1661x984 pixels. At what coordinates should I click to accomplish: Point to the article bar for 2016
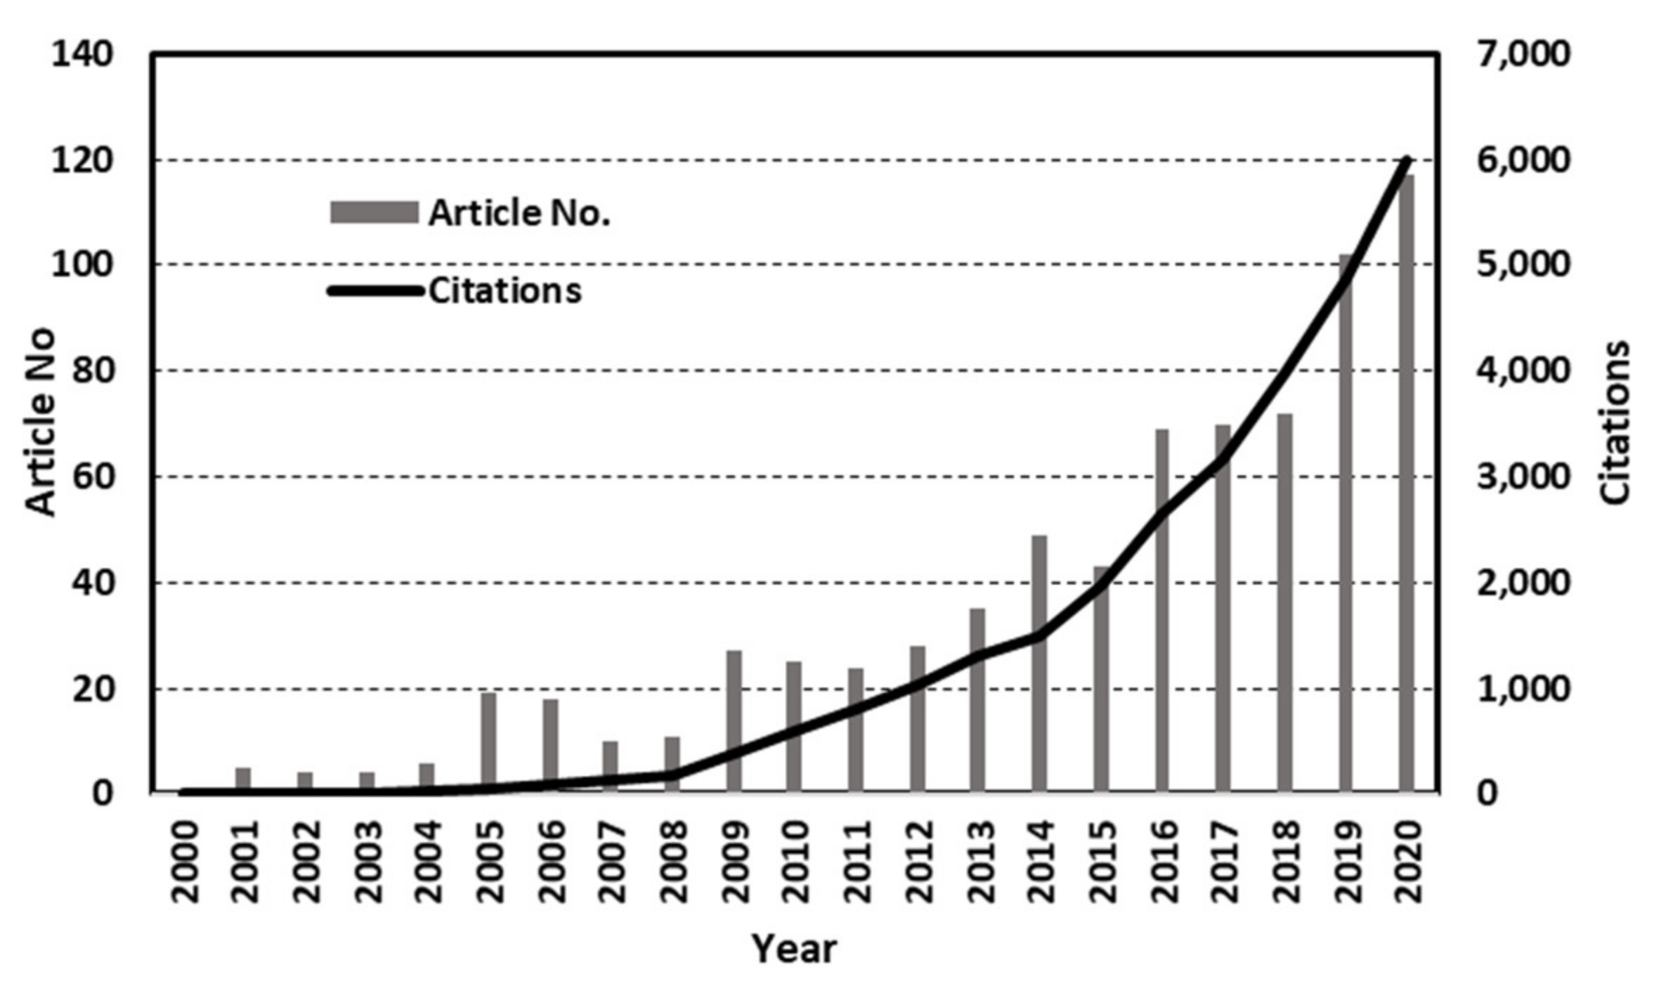coord(1162,611)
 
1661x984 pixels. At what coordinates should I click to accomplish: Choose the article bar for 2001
coord(243,779)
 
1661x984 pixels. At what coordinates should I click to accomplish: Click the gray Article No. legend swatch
coord(374,212)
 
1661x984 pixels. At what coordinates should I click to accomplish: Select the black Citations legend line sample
coord(375,290)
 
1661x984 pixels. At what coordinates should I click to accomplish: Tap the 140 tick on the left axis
coord(82,53)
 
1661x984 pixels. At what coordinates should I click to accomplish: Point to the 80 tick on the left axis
coord(92,370)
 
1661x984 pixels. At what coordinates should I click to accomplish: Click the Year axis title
coord(794,949)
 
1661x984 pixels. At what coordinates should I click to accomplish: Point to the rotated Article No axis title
coord(40,422)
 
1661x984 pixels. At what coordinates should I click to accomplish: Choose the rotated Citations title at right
coord(1615,422)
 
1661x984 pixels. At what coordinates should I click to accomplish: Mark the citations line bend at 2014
coord(1039,635)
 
